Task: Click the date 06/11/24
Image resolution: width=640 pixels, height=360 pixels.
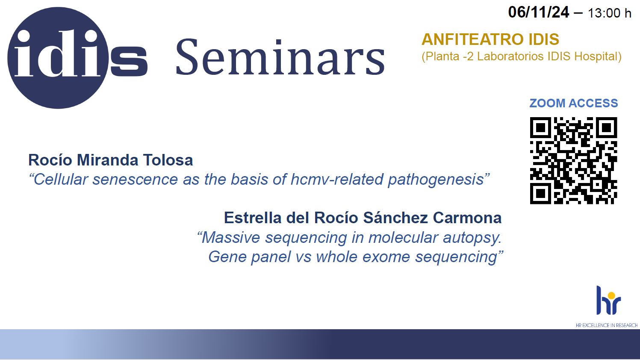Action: click(539, 12)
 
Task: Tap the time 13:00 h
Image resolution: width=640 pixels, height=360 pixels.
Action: click(609, 13)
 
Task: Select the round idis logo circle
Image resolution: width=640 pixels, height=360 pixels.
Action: click(58, 58)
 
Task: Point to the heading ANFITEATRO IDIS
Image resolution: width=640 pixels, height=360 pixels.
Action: click(490, 39)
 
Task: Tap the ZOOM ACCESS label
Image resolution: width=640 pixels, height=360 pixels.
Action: click(574, 103)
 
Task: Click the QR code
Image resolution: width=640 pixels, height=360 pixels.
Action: click(574, 161)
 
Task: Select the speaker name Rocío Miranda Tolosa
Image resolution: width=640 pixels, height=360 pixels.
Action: click(111, 160)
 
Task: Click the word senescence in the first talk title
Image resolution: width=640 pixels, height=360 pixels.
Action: click(135, 180)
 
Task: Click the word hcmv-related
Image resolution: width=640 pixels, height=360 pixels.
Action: click(337, 180)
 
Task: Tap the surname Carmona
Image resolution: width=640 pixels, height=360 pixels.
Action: click(467, 218)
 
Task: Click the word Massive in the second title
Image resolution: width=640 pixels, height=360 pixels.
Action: click(231, 238)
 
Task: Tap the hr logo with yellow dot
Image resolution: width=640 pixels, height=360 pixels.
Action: click(608, 300)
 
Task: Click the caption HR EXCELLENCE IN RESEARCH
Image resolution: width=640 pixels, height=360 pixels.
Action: click(607, 325)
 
